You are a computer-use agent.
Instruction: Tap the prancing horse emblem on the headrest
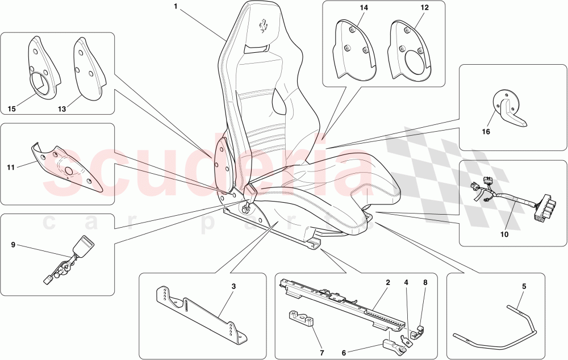pyautogui.click(x=264, y=26)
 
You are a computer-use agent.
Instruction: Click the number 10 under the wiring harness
pyautogui.click(x=504, y=233)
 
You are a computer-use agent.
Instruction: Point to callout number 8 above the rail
pyautogui.click(x=425, y=282)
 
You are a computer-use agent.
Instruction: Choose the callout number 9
pyautogui.click(x=12, y=245)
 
